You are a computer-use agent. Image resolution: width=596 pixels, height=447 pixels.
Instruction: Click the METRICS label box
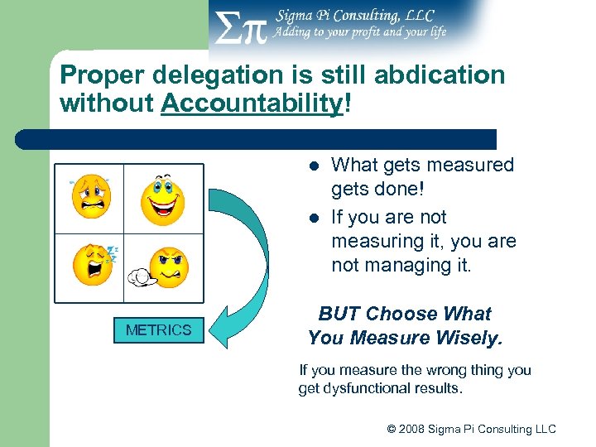pos(158,330)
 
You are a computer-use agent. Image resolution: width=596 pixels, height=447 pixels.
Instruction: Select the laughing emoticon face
pos(162,199)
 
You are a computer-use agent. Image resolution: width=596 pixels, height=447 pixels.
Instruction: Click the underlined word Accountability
pos(251,103)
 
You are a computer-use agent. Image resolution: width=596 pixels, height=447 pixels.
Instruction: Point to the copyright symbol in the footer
pos(392,429)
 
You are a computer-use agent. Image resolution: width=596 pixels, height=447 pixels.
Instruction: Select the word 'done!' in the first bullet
pos(402,190)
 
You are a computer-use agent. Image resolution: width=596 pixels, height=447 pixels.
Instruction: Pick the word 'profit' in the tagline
pos(354,32)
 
